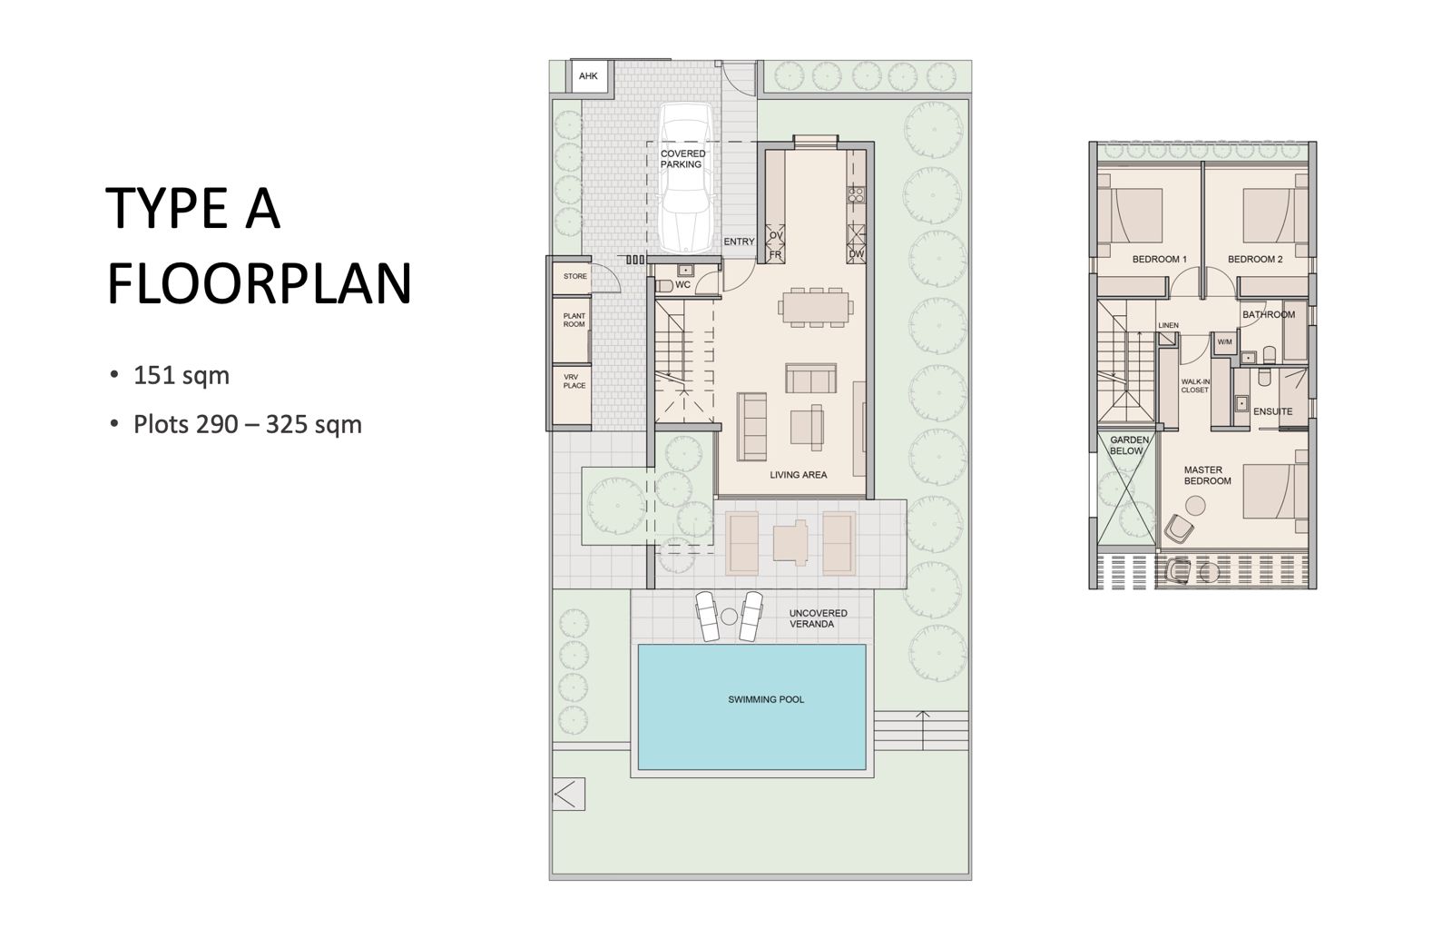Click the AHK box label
click(588, 76)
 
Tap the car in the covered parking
click(687, 178)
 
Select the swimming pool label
click(766, 699)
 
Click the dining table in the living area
click(816, 307)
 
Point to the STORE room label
click(575, 276)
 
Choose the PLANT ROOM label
click(574, 321)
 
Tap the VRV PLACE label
click(574, 380)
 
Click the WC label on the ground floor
click(682, 285)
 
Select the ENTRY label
click(739, 242)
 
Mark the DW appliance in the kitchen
click(857, 253)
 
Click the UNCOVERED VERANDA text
click(818, 618)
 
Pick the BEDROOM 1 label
click(1159, 260)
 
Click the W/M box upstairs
click(1224, 341)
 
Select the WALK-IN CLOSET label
click(1194, 386)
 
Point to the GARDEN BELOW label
click(1129, 445)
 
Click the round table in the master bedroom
click(1194, 506)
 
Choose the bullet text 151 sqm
click(181, 376)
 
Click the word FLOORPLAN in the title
click(259, 284)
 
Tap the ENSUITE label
click(1272, 411)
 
